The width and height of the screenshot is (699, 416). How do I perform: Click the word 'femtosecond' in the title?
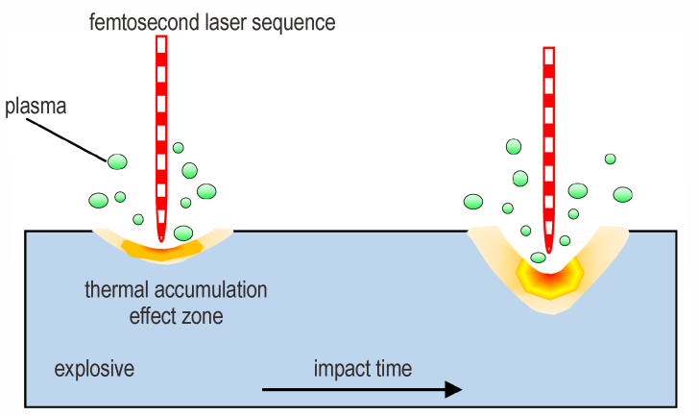coord(145,22)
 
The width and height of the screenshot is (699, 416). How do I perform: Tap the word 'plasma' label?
coord(36,107)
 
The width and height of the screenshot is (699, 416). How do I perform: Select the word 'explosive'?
coord(94,369)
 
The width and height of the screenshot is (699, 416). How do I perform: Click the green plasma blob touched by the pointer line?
coord(117,161)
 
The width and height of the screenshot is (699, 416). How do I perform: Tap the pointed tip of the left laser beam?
coord(161,241)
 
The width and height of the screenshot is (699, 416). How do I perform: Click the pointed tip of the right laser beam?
coord(549,252)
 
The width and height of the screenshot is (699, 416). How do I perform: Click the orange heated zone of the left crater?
coord(162,252)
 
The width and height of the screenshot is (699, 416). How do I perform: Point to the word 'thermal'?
coord(116,290)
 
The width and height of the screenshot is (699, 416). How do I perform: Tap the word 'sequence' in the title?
coord(294,23)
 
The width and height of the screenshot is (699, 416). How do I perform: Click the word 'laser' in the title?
coord(227,22)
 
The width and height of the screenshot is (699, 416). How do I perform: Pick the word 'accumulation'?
coord(210,290)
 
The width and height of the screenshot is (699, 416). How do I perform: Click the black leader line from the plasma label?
coord(69,139)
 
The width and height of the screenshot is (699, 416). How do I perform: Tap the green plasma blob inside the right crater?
coord(538,257)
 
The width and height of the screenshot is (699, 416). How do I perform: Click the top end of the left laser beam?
coord(161,37)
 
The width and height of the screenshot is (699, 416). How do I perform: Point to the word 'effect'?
coord(152,316)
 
